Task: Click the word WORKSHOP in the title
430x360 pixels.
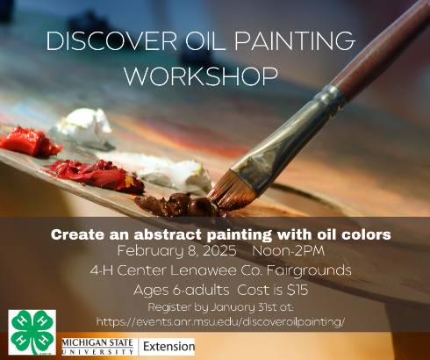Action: (201, 76)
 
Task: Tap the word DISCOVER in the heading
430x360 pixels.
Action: (111, 40)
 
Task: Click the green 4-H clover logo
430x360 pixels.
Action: (32, 332)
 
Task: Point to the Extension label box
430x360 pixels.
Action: (167, 347)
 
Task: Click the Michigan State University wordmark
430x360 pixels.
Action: (97, 347)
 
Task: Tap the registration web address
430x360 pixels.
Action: (221, 322)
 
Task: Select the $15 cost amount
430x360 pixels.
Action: (297, 290)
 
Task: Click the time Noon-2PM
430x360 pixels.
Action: (289, 251)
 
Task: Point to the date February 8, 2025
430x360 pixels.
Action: (177, 251)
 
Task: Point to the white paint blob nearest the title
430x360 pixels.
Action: (83, 125)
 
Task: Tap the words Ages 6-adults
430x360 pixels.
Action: (182, 290)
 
